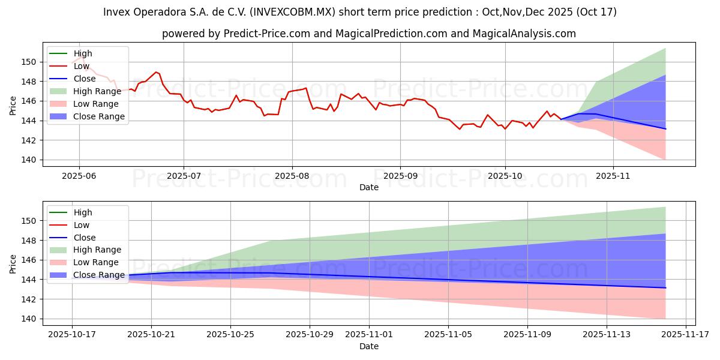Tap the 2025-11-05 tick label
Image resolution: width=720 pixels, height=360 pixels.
click(x=448, y=335)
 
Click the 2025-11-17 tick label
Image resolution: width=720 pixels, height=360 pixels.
click(x=685, y=335)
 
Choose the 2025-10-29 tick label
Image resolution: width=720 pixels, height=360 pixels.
click(x=310, y=335)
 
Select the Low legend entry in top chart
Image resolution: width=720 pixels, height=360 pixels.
click(x=82, y=66)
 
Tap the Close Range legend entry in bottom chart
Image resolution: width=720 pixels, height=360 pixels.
click(x=98, y=275)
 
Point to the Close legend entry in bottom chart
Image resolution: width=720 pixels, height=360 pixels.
click(x=84, y=238)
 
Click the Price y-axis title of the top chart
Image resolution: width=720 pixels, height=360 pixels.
click(x=13, y=105)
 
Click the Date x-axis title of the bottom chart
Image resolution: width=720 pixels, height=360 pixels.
click(x=368, y=346)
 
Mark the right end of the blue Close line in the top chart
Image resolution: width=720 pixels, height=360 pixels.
click(x=665, y=129)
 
